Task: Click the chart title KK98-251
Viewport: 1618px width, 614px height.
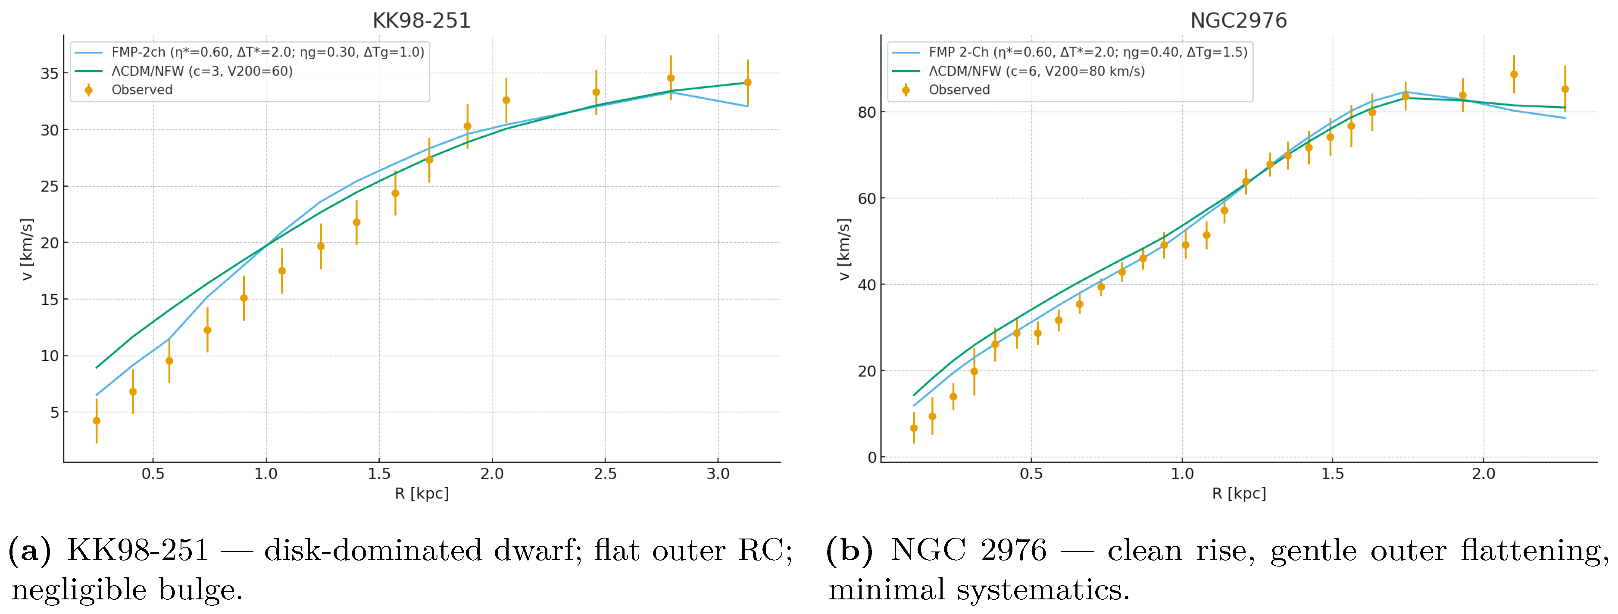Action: [x=422, y=21]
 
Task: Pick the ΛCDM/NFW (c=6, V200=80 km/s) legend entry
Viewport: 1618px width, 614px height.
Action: [x=1037, y=71]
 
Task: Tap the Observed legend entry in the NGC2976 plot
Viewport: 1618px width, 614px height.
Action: [x=959, y=90]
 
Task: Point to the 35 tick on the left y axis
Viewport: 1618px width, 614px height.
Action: [x=50, y=74]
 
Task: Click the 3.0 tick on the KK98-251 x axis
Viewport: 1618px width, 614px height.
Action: [x=718, y=474]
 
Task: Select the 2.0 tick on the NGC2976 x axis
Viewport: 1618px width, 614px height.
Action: [x=1484, y=474]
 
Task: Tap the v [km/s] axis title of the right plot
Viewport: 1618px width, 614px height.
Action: [x=844, y=250]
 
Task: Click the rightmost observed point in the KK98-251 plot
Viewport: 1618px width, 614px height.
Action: [x=747, y=82]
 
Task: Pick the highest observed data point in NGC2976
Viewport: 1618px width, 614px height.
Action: [x=1514, y=74]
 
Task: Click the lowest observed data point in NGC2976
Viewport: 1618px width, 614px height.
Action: [x=914, y=428]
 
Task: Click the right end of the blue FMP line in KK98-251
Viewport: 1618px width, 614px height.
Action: [x=747, y=106]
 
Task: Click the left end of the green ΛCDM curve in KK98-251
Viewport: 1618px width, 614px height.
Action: [x=96, y=368]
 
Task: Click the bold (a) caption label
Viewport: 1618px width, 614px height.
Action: [x=29, y=551]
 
